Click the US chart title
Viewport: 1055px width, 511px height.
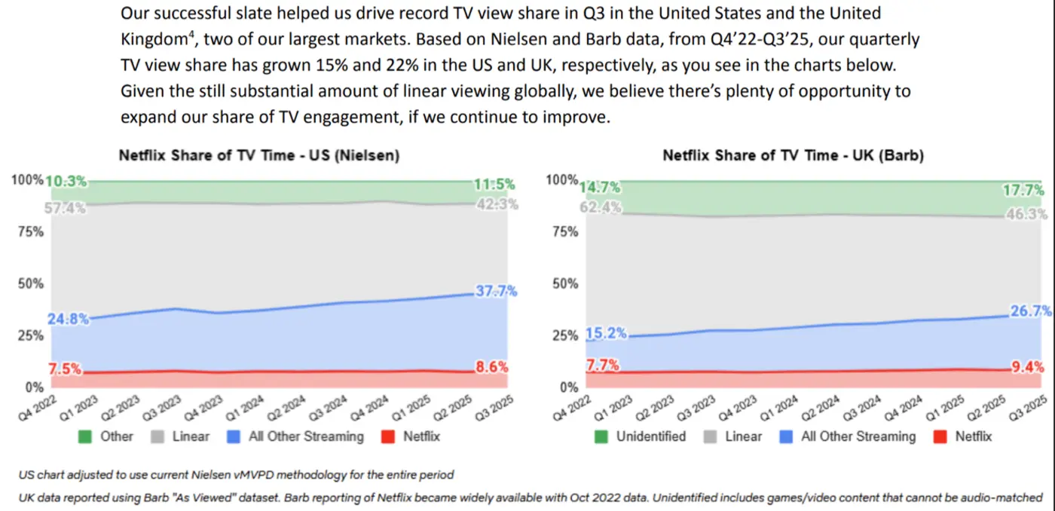(x=258, y=156)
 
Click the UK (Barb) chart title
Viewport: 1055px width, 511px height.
(x=794, y=156)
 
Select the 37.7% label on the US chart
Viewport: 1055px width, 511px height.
(x=496, y=292)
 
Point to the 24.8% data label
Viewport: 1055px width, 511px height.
(x=67, y=319)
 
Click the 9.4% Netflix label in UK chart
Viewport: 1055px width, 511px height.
(x=1027, y=368)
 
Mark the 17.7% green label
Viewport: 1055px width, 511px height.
(x=1023, y=190)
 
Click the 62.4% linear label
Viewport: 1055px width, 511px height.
(x=601, y=207)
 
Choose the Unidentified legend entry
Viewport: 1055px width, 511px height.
(x=650, y=436)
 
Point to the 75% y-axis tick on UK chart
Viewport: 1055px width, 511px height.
(x=565, y=232)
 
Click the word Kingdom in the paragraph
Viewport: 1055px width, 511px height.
(x=153, y=38)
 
